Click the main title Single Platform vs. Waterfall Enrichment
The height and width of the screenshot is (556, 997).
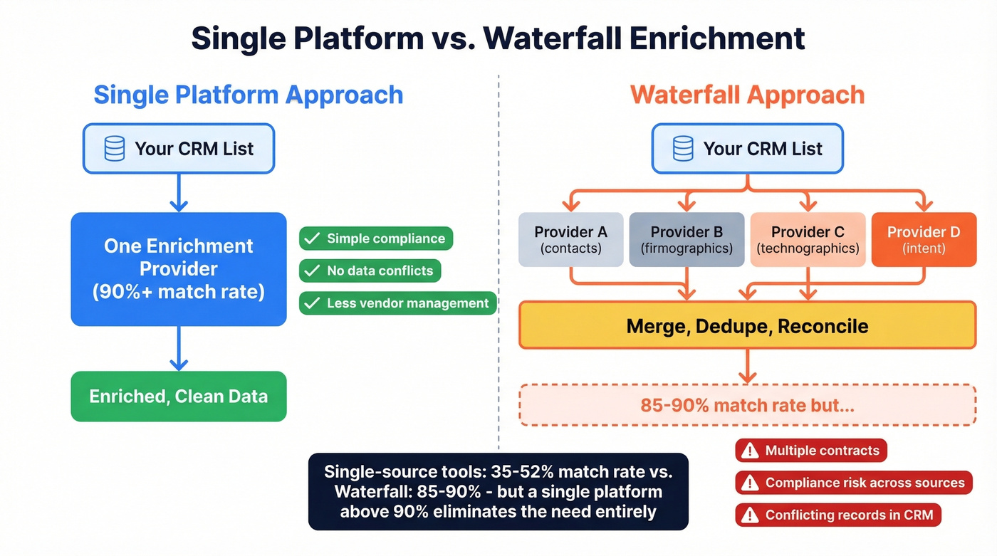(498, 38)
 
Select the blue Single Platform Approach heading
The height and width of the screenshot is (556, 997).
(249, 95)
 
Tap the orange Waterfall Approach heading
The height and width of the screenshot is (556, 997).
(747, 95)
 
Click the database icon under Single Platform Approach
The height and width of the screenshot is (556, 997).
(115, 149)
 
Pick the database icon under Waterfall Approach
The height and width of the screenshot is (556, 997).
(683, 149)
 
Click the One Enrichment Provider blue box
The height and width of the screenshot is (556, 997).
(179, 269)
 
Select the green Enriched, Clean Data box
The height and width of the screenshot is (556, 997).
(179, 396)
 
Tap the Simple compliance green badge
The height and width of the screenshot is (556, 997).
(376, 238)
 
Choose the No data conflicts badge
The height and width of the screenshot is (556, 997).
(370, 271)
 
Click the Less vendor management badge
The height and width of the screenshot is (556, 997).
(397, 303)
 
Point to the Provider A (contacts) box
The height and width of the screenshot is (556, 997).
(570, 240)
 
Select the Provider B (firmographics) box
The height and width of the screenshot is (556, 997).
(687, 240)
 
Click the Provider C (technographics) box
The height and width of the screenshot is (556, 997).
(808, 240)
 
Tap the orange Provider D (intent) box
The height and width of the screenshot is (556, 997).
(924, 240)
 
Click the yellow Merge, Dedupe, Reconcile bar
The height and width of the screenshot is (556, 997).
(747, 326)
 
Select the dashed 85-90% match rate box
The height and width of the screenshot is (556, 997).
(747, 405)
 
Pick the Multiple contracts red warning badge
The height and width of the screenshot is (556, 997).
(811, 451)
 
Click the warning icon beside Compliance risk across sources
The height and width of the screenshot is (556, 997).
(750, 483)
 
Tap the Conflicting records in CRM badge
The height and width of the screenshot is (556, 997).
(838, 515)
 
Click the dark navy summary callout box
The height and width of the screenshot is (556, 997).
(498, 491)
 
